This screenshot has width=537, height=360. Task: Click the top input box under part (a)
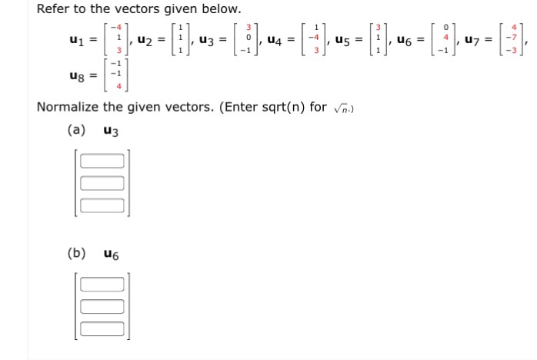coord(102,162)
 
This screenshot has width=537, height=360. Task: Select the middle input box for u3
coord(102,183)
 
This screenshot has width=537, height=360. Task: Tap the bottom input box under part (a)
coord(102,205)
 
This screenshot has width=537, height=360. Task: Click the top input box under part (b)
coord(102,285)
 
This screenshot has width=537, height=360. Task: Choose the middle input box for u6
coord(102,306)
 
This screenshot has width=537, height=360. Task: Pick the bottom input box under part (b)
coord(102,328)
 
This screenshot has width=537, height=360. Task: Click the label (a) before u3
coord(76,130)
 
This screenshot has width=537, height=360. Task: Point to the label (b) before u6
coord(76,253)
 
